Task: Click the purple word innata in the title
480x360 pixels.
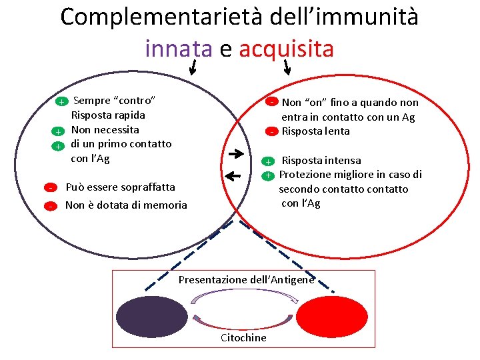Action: [177, 48]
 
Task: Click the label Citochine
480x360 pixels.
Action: [243, 337]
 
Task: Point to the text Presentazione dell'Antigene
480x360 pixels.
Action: [246, 279]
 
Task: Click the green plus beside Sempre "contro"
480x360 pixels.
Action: [60, 102]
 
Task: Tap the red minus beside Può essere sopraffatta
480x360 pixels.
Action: [51, 187]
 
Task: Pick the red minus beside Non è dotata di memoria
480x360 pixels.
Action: [51, 206]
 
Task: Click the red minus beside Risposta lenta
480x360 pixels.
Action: [273, 131]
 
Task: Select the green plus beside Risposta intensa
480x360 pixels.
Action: [267, 161]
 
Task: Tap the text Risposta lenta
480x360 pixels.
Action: [315, 131]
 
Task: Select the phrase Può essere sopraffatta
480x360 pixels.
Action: [120, 187]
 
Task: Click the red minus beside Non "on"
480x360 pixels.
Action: [273, 102]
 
